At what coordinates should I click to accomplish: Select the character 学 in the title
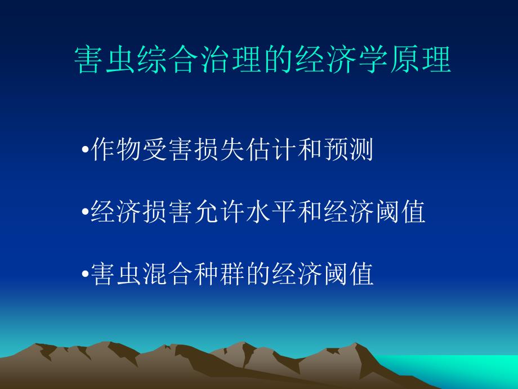pyautogui.click(x=373, y=60)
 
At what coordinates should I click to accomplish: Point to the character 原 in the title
pyautogui.click(x=405, y=60)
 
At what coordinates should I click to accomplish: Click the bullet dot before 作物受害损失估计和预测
pyautogui.click(x=85, y=150)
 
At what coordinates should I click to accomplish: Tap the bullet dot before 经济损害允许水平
pyautogui.click(x=85, y=212)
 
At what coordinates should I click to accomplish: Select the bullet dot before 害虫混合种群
pyautogui.click(x=85, y=274)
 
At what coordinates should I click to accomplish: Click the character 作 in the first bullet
pyautogui.click(x=103, y=149)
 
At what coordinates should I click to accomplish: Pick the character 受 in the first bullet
pyautogui.click(x=155, y=149)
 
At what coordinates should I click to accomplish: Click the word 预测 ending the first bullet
pyautogui.click(x=349, y=149)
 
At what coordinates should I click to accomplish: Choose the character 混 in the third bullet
pyautogui.click(x=155, y=274)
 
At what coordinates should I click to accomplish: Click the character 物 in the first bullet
pyautogui.click(x=129, y=149)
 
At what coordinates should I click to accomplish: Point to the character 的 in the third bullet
pyautogui.click(x=258, y=274)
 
